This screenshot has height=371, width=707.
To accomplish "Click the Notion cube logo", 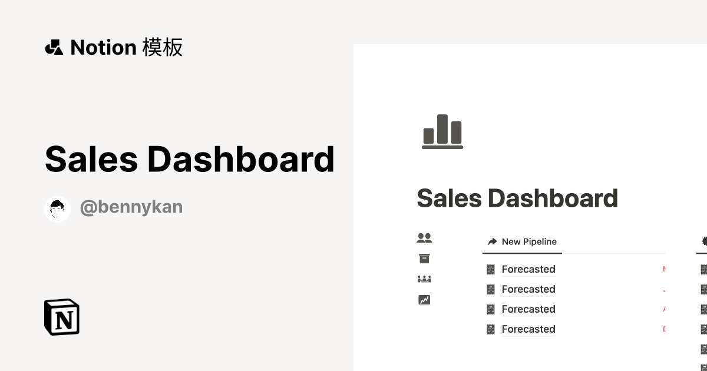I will (62, 317).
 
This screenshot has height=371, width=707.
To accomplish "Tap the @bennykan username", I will (131, 207).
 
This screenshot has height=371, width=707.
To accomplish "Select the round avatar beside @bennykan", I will (58, 209).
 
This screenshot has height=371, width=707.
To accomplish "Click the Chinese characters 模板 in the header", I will (163, 47).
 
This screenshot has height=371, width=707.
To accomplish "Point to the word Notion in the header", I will (104, 47).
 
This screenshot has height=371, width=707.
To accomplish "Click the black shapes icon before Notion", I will (54, 47).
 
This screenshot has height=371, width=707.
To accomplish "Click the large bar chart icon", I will (442, 131).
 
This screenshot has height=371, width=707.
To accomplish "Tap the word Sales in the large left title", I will (91, 159).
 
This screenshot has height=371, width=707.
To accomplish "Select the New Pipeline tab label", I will (529, 241).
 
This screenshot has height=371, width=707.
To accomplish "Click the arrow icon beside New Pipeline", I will (493, 241).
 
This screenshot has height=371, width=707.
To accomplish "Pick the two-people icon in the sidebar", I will (424, 238).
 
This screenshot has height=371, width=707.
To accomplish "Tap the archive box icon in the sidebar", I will (424, 259).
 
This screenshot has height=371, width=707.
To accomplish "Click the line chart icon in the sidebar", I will (424, 300).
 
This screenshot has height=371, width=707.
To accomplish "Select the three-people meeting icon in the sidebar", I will (424, 279).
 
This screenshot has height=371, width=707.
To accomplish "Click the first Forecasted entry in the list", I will (528, 269).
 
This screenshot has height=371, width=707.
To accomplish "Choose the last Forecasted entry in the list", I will (528, 329).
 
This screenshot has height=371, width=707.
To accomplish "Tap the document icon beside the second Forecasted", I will (491, 289).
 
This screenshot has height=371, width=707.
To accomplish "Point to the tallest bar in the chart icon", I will (442, 128).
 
